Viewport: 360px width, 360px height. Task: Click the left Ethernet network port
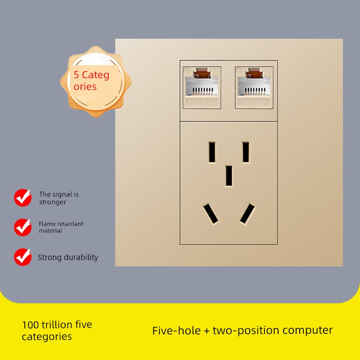[202, 87]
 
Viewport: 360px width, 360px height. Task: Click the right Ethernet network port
[254, 87]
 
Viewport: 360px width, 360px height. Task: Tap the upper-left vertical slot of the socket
[212, 152]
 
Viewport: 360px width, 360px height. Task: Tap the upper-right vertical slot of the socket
[246, 152]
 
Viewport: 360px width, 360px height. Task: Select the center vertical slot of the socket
[229, 176]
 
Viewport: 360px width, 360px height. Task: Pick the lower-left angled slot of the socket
[211, 213]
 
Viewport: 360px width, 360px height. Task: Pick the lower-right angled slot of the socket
[247, 213]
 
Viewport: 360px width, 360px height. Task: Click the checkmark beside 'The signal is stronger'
[23, 198]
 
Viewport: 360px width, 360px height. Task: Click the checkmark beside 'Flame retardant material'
[23, 227]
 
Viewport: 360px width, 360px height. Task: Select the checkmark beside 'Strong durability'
[23, 257]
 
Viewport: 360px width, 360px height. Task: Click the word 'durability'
[81, 257]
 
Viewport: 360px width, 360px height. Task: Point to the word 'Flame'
[47, 224]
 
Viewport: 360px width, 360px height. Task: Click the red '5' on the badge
[76, 75]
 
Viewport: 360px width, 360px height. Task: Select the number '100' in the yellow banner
[31, 325]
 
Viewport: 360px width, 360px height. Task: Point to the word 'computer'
[308, 331]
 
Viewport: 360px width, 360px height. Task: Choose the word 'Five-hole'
[176, 331]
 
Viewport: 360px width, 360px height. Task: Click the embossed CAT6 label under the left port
[202, 103]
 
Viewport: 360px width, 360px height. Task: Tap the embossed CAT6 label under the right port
[254, 103]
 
